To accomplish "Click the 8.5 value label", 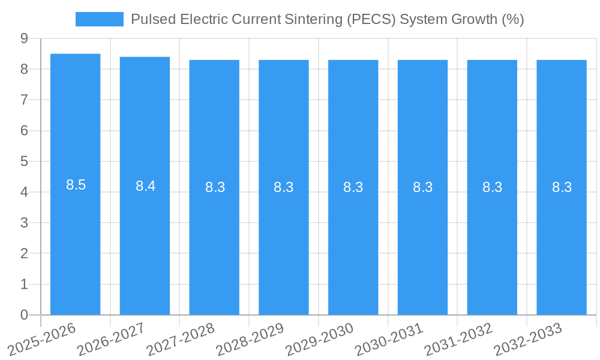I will click(x=76, y=185).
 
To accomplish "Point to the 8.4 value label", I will click(x=145, y=186).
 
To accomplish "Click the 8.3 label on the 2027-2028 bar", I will click(x=215, y=187).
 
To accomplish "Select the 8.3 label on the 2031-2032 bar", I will click(x=492, y=187).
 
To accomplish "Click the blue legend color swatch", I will click(x=99, y=19).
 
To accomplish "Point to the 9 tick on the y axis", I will click(x=24, y=38).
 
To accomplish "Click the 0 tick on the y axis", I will click(x=24, y=315).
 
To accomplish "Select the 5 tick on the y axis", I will click(x=24, y=161).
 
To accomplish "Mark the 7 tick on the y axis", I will click(x=24, y=100).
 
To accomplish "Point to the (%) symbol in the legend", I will click(x=513, y=19).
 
